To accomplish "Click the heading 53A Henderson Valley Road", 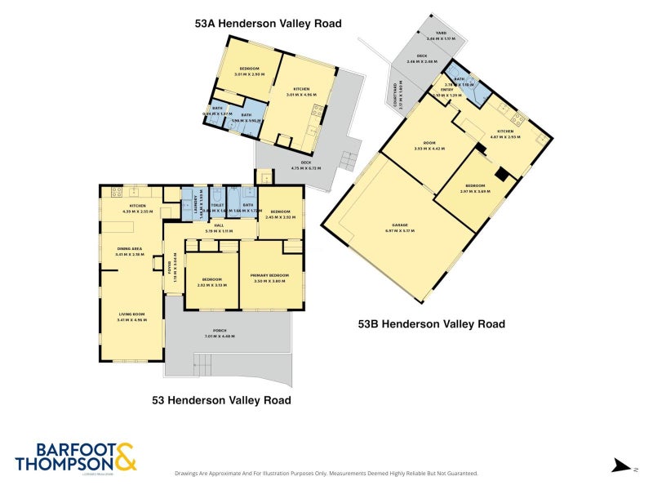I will point(268,24).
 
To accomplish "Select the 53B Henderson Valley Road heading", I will point(432,324).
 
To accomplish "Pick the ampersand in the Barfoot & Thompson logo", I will point(125,457).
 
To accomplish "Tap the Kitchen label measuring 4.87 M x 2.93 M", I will point(505,133).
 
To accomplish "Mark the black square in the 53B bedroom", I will point(503,172).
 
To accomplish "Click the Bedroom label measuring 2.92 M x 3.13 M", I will point(211,282).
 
